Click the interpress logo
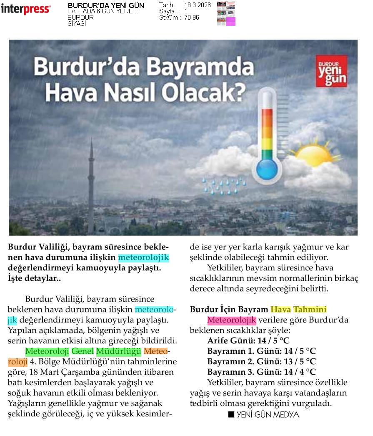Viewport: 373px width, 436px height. pos(25,9)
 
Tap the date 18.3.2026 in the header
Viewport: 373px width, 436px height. pos(197,5)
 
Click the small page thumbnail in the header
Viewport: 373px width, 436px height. pos(226,14)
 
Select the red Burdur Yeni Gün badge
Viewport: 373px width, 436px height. pos(331,71)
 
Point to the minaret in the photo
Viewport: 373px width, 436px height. pos(91,188)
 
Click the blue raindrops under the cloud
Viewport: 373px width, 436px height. pos(224,186)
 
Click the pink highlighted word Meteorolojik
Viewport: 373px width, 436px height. pos(232,320)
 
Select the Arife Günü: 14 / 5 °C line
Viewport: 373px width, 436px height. pos(248,341)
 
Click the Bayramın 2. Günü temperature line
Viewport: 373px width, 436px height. pos(261,362)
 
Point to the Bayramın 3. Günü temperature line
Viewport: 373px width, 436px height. pos(261,372)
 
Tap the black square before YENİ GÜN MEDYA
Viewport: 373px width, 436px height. pos(231,415)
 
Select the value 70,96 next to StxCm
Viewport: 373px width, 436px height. pos(192,18)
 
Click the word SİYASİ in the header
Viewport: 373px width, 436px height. pos(77,24)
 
